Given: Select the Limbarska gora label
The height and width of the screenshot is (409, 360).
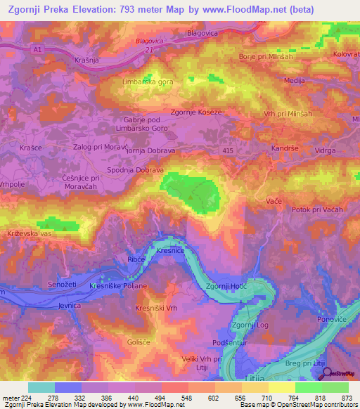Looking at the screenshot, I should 148,82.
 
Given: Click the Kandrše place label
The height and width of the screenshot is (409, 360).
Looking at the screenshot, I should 285,149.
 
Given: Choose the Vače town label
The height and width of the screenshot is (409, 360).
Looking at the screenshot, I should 274,202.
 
